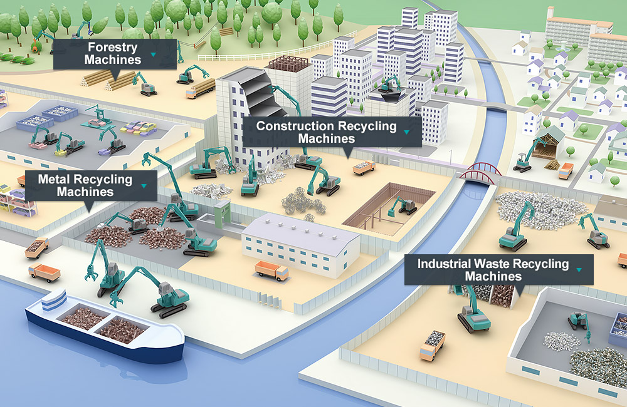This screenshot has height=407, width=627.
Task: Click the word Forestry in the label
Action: tap(113, 48)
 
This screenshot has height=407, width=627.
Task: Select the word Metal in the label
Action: tap(53, 180)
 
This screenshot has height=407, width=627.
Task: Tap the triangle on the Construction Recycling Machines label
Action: tap(408, 132)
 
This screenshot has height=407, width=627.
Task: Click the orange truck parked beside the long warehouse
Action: tap(271, 270)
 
